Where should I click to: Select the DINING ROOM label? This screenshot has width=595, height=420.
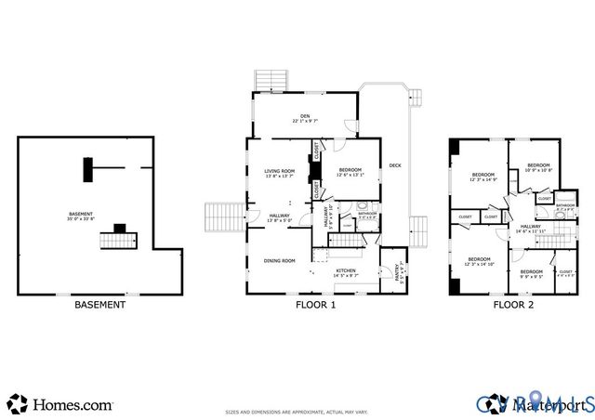279,260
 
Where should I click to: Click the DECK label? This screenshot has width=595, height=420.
395,165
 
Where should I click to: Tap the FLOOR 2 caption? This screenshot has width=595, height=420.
513,305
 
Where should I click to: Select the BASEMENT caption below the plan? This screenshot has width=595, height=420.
100,305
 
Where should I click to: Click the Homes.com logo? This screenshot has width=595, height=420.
61,405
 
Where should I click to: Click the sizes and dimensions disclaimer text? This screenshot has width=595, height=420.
297,410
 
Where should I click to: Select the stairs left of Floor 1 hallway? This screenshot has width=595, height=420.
223,217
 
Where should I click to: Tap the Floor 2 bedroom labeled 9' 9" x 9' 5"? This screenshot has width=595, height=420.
531,273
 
